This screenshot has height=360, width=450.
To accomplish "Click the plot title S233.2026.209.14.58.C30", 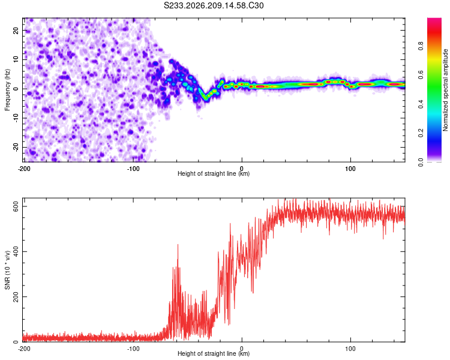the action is click(x=214, y=5).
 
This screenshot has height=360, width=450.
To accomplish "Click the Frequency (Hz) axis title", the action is click(x=7, y=90).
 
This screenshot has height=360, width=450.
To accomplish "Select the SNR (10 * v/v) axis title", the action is click(x=7, y=270).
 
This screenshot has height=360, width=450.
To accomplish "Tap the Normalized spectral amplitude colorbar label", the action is click(x=445, y=90).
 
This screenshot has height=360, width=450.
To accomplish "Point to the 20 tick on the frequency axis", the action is click(x=16, y=31).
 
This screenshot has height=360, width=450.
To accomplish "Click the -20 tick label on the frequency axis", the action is click(x=16, y=148).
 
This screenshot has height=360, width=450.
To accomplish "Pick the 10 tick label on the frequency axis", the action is click(x=16, y=60).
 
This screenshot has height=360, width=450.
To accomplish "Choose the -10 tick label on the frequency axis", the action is click(x=16, y=118).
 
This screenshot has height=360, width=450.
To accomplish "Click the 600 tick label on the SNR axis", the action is click(x=16, y=206).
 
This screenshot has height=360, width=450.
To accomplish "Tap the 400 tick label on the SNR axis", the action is click(x=16, y=251).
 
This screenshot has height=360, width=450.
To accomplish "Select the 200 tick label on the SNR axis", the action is click(x=16, y=296).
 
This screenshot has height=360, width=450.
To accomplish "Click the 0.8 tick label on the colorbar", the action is click(x=421, y=46).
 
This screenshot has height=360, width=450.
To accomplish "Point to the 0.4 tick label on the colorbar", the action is click(x=421, y=104).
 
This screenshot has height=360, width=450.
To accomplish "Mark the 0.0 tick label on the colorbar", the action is click(x=421, y=163).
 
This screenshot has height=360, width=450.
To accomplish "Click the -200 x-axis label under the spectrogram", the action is click(x=24, y=169).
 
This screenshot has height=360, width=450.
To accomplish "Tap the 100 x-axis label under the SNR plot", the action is click(x=350, y=349).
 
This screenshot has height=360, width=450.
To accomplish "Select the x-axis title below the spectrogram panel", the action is click(x=214, y=173).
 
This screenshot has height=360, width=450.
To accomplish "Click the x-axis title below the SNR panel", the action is click(x=214, y=353).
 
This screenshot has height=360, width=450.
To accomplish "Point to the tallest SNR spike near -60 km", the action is click(x=178, y=245).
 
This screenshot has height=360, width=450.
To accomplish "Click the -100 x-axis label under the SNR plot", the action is click(x=133, y=349).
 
